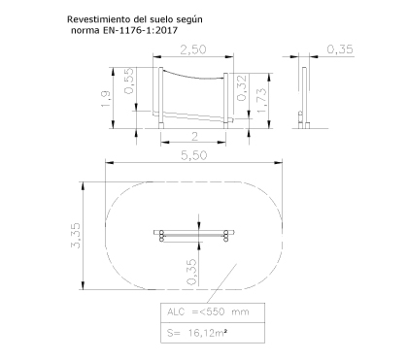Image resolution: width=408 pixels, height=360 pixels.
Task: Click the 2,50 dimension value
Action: coord(193,49)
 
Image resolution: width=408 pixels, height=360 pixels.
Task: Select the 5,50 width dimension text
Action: coord(194,155)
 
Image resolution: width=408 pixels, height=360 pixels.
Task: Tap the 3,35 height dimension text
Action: coord(76,236)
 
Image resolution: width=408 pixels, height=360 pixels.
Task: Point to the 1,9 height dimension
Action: coord(106,99)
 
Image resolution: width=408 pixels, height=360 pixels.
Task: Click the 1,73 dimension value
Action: coord(262,100)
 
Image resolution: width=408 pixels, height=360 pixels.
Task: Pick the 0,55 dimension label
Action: coord(128,81)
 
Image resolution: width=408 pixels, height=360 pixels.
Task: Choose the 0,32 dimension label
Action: coord(242,87)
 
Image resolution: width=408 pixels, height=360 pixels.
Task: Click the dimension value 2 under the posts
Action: coord(194,137)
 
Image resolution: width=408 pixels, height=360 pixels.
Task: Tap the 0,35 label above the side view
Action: coord(340,49)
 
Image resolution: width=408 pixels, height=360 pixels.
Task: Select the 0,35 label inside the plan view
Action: coord(191,272)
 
